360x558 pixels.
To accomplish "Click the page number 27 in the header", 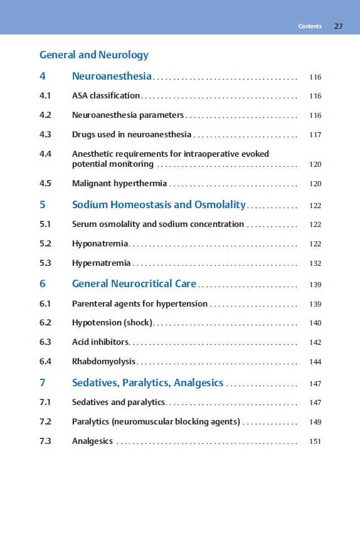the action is tap(339, 26).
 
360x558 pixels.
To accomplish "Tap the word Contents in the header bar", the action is tap(310, 26).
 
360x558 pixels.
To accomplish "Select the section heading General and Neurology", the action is tap(94, 55).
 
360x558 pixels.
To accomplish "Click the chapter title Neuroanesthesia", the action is tap(112, 76).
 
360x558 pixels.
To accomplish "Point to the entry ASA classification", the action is tap(106, 96).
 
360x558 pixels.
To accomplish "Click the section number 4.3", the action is tap(45, 134).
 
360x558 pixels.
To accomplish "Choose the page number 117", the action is tap(315, 135).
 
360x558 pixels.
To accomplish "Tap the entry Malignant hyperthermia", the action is tap(119, 184).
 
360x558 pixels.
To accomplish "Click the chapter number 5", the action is tap(43, 205).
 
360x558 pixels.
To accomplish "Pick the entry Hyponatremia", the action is tap(100, 243).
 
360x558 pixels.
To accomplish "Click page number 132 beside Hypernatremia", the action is tap(315, 263).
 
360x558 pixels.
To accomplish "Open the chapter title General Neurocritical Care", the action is tap(134, 283).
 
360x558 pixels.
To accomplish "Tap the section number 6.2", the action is tap(45, 323).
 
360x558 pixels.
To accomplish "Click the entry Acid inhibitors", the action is tap(100, 342).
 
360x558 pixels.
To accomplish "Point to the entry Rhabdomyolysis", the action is tap(104, 361).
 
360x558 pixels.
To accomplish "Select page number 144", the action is tap(315, 362).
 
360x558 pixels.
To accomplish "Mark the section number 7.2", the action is tap(45, 421).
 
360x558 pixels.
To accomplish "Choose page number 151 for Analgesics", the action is tap(315, 441).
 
